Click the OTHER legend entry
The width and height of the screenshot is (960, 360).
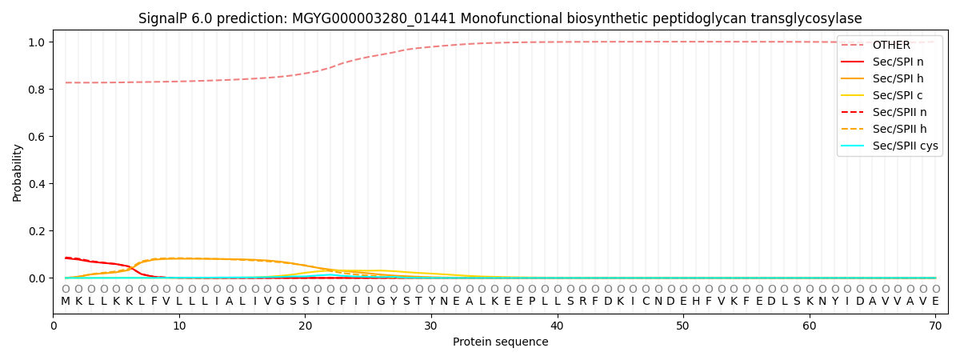890,45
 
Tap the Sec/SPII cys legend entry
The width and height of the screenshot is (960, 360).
905,146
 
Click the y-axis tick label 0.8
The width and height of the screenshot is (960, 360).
36,90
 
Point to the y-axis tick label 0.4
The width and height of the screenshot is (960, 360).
36,184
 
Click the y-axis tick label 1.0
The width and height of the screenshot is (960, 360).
36,42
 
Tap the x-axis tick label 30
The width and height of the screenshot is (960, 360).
431,326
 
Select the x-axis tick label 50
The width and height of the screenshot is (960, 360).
682,326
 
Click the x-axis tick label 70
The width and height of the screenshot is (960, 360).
934,326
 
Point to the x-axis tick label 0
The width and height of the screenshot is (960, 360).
54,326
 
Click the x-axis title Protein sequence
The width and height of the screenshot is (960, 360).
501,342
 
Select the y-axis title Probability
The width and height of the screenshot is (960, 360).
17,172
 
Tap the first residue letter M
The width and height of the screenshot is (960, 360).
66,302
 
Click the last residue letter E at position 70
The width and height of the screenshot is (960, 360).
935,302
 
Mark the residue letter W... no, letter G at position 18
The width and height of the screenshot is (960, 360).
280,302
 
